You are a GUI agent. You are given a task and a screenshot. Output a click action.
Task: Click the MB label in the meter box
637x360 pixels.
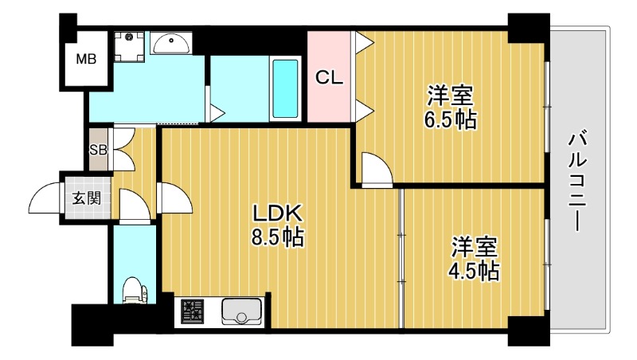tap(86, 58)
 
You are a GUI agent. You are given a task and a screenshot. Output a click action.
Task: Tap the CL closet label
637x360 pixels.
tap(329, 77)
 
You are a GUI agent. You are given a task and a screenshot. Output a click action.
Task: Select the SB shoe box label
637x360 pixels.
tap(98, 150)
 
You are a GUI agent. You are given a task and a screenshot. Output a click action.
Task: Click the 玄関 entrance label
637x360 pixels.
tap(87, 198)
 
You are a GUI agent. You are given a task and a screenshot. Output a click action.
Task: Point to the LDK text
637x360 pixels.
tap(276, 213)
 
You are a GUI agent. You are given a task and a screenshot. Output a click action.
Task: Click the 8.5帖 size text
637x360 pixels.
tap(277, 237)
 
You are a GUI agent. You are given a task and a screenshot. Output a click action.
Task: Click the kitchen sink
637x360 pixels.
tap(241, 311)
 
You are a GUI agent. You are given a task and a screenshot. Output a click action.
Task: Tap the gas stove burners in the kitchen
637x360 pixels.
tap(193, 311)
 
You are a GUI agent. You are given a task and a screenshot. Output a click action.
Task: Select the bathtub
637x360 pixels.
tap(285, 87)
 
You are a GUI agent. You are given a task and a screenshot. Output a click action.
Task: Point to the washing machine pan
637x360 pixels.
tap(127, 46)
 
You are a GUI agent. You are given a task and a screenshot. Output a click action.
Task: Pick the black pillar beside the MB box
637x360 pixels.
tap(68, 23)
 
